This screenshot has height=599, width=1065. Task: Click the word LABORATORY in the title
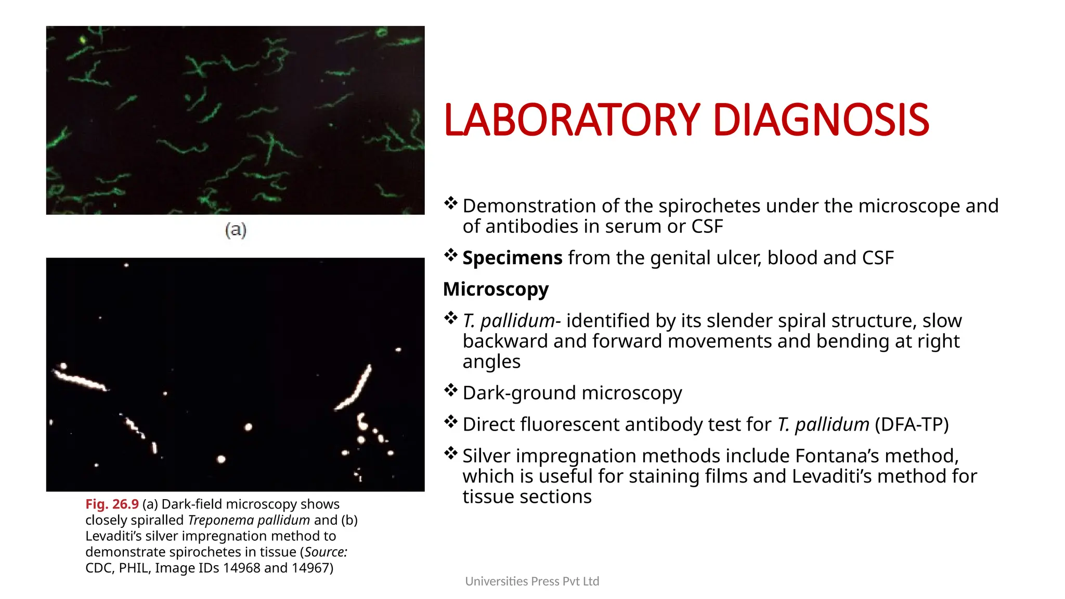click(572, 121)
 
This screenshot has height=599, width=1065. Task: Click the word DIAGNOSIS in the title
click(820, 121)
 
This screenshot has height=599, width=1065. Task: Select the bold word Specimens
click(512, 258)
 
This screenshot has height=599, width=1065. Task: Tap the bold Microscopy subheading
click(496, 289)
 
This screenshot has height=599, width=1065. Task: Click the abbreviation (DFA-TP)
click(912, 425)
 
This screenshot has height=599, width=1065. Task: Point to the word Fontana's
click(837, 456)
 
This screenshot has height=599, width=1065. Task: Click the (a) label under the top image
click(236, 229)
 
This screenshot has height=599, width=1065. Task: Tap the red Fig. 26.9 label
click(112, 504)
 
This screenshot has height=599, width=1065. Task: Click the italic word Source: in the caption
click(326, 552)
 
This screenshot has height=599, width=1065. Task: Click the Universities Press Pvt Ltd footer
click(532, 581)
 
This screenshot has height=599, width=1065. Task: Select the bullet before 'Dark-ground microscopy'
click(450, 390)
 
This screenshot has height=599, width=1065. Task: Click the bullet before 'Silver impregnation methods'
click(450, 453)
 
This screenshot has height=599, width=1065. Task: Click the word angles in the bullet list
click(491, 361)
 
